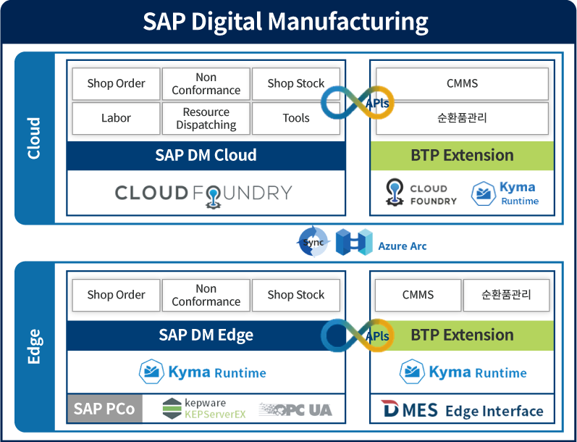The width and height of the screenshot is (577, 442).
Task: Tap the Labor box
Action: tap(116, 118)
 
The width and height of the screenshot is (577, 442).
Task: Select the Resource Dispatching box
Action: tap(206, 118)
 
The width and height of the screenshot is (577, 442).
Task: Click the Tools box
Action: tap(295, 118)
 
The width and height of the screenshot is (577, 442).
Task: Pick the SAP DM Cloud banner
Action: tap(206, 155)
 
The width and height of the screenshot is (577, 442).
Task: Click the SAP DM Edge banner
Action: tap(206, 335)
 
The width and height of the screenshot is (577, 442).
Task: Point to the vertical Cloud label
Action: tap(34, 138)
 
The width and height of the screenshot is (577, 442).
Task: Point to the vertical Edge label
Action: tap(34, 346)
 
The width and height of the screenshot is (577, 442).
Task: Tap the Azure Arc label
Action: tap(402, 246)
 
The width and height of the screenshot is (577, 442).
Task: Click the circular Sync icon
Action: tap(313, 242)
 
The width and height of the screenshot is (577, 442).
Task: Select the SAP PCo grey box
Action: tap(105, 409)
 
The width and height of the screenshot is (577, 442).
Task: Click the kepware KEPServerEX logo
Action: tap(194, 409)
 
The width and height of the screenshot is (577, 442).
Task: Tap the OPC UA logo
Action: tap(295, 409)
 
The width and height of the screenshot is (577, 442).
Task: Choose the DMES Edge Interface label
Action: tap(462, 411)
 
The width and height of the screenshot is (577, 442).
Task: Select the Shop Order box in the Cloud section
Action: tap(116, 83)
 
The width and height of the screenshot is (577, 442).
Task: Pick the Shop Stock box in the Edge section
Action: tap(295, 295)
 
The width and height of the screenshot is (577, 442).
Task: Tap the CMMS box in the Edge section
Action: tap(418, 295)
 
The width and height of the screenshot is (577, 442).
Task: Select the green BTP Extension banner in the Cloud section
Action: tap(462, 155)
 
